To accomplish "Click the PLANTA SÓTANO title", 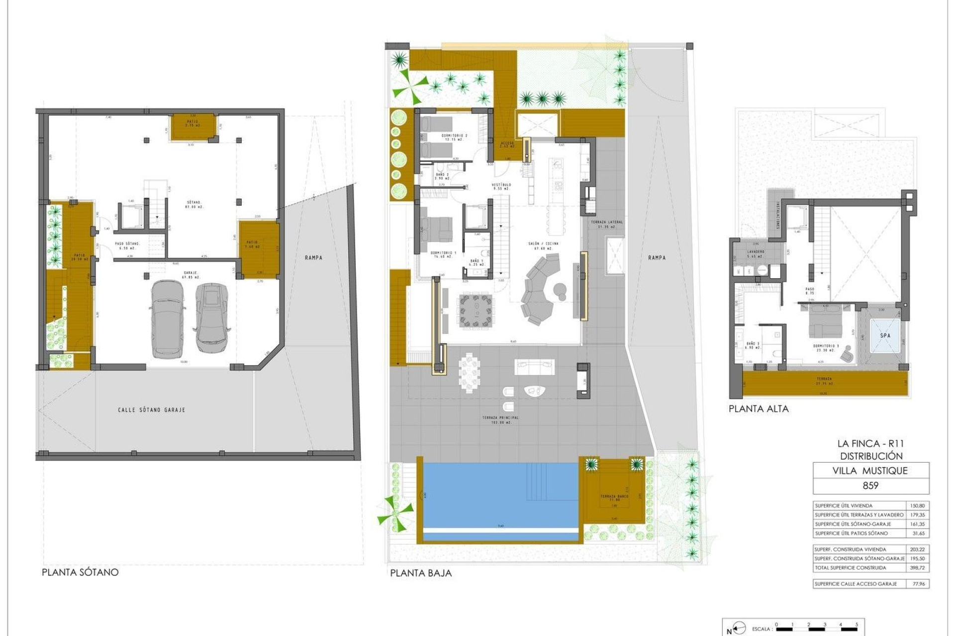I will [x=80, y=572].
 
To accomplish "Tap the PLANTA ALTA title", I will [x=759, y=409].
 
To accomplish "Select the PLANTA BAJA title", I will [x=421, y=573].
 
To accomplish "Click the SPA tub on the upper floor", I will [x=885, y=335].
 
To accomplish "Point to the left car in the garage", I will [x=167, y=319].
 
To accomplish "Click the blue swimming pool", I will [x=500, y=497].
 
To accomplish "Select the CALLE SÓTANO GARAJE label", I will [x=152, y=410].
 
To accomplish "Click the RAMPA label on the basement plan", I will [x=313, y=257].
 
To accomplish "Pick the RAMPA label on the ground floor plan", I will [x=657, y=257].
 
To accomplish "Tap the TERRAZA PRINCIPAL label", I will [x=500, y=418].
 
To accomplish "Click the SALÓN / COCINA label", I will [x=543, y=244].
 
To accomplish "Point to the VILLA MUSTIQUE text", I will [x=870, y=471].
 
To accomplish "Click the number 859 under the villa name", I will [x=870, y=485].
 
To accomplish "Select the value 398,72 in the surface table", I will [x=917, y=567].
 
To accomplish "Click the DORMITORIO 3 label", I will [x=826, y=346].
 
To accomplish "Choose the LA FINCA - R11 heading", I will [x=870, y=444].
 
